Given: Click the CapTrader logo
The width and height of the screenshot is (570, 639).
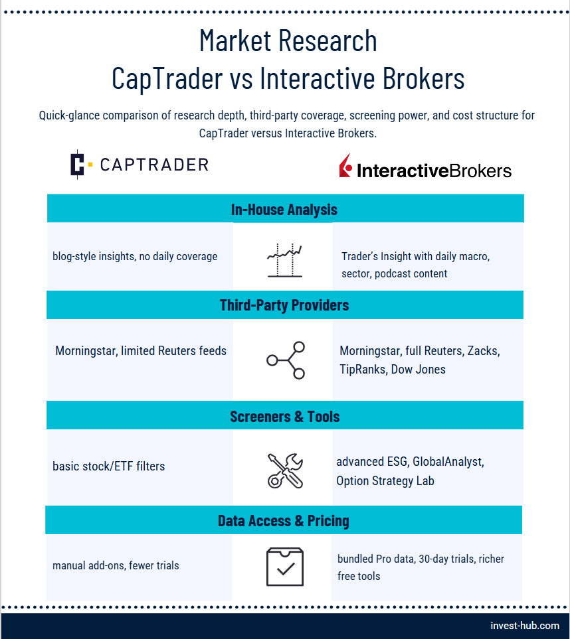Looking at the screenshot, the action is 139,165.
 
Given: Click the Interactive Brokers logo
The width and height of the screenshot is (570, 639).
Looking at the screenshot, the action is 425,167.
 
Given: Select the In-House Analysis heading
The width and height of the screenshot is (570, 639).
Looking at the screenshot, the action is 284,210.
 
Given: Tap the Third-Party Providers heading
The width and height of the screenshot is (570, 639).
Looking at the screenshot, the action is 284,305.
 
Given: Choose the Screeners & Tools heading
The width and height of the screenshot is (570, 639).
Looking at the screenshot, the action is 285,417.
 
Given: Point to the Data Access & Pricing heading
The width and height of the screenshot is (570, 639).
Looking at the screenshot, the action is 284,520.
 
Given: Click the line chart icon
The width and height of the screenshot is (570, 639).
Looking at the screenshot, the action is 285,260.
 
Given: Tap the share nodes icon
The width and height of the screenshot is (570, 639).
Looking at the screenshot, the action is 286,360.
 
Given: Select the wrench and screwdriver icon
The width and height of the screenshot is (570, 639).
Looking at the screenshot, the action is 285,470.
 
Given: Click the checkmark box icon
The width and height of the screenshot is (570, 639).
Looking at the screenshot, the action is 285,567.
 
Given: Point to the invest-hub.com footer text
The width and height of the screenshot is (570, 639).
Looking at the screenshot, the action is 525,626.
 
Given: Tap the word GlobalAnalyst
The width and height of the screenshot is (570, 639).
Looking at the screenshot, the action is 448,462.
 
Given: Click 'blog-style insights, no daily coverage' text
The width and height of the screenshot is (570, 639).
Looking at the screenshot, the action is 135,256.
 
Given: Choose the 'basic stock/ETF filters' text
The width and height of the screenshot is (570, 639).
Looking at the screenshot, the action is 108,466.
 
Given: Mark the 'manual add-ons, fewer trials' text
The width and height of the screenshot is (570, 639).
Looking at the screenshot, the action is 116,565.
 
